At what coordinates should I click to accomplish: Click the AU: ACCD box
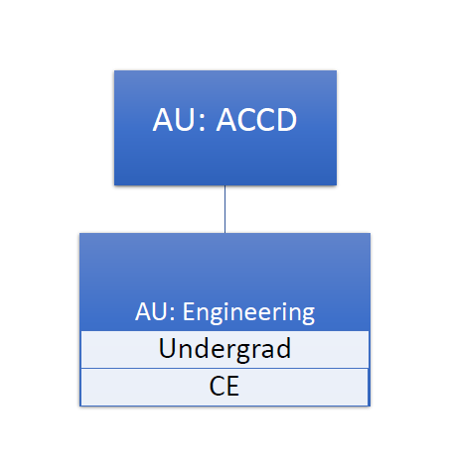point(225,128)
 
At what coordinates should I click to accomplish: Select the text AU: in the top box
point(179,120)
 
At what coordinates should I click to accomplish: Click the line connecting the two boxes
point(225,209)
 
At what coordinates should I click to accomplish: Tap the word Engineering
point(248,312)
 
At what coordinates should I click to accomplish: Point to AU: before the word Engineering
point(155,311)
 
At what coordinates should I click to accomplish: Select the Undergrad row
point(224,349)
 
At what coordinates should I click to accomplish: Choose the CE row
point(224,387)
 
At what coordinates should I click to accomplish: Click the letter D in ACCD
point(286,120)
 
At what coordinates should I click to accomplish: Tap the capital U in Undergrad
point(168,348)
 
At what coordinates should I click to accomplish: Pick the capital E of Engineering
point(189,311)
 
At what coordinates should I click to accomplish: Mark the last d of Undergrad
point(283,348)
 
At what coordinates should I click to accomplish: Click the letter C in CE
point(217,386)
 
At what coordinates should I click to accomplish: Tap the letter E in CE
point(233,386)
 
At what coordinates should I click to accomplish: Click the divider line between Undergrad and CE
point(224,368)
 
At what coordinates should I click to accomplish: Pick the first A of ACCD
point(227,120)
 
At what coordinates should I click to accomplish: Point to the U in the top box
point(186,120)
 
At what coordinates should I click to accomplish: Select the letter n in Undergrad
point(188,351)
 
